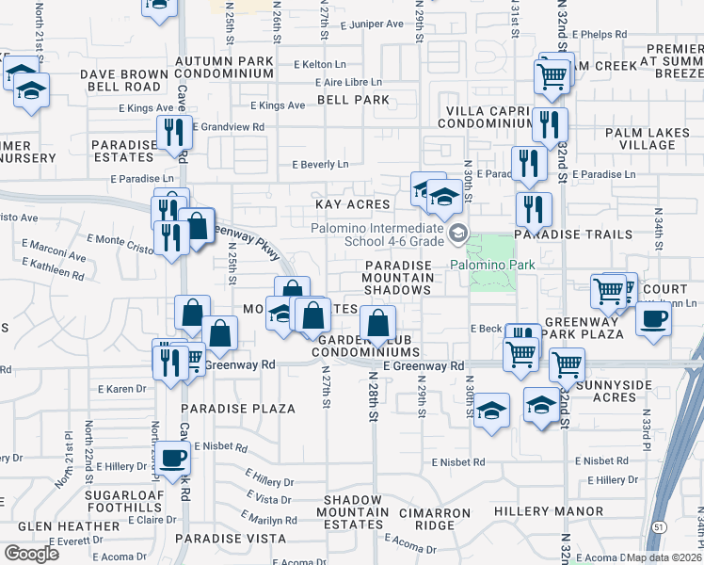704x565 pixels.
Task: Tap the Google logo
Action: click(x=31, y=554)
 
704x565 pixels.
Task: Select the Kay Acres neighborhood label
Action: click(x=352, y=204)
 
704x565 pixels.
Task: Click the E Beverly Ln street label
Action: click(x=320, y=164)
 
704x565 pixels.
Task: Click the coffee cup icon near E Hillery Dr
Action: click(x=171, y=459)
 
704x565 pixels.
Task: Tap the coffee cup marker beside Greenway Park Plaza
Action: click(x=652, y=318)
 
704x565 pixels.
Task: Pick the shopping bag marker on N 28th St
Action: click(x=377, y=323)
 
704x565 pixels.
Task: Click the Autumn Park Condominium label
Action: click(x=224, y=67)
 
